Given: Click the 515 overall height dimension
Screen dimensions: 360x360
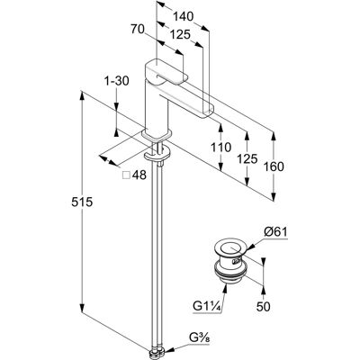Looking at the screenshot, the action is (82, 202).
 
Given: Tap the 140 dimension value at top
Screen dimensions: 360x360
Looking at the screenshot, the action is (184, 17).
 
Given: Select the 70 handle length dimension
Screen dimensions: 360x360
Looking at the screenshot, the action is (138, 29).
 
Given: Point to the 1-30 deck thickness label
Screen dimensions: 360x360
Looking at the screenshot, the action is (116, 81).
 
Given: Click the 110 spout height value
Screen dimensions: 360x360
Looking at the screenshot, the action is (221, 147).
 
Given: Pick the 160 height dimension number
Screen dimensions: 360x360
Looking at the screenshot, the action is (274, 166).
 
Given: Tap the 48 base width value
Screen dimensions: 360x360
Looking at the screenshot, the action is (139, 175).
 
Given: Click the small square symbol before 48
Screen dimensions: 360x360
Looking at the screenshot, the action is (127, 175).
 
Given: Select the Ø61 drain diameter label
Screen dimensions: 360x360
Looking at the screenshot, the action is (275, 232).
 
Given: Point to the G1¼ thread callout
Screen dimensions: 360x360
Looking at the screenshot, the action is (207, 306).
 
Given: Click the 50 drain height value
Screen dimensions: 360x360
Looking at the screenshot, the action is (264, 306).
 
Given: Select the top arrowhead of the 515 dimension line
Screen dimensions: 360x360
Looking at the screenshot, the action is (82, 94).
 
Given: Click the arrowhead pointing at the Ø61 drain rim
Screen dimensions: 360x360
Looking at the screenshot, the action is (251, 247).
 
